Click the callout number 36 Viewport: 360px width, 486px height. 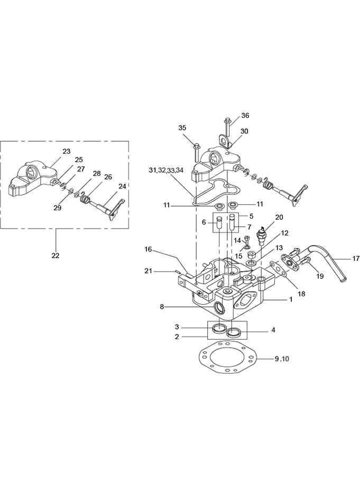tap(245, 115)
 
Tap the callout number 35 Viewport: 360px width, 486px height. tap(182, 128)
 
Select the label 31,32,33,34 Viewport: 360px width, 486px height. tap(166, 170)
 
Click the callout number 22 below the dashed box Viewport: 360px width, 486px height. tap(55, 255)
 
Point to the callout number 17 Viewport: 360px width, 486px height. tap(355, 258)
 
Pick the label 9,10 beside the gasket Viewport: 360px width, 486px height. tap(282, 359)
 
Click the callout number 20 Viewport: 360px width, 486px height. tap(279, 217)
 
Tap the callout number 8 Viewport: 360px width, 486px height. tap(162, 307)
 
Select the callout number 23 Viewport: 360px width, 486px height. tap(67, 151)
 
